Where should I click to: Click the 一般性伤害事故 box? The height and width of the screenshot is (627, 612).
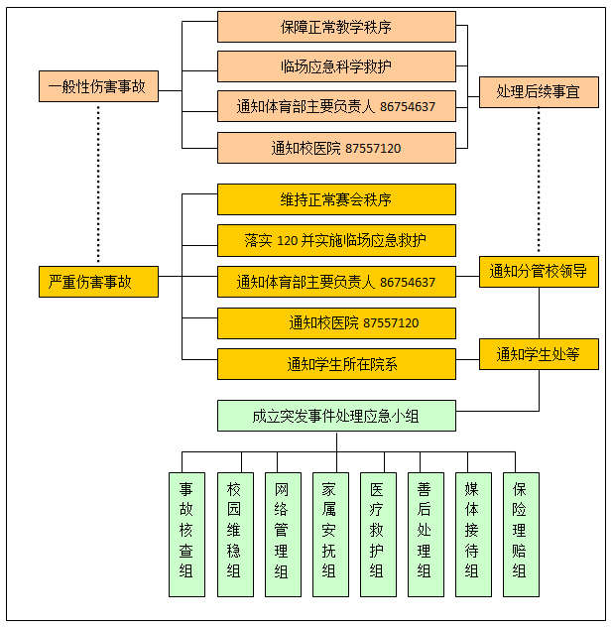point(98,86)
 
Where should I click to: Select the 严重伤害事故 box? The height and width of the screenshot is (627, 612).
point(98,282)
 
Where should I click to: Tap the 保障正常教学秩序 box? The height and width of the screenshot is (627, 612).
point(336,28)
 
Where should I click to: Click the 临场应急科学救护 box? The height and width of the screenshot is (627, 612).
point(336,66)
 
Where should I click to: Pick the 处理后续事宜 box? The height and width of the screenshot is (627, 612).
point(539,92)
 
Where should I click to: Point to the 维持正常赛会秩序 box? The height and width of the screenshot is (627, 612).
point(336,199)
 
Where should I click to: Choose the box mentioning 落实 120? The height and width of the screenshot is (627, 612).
point(336,240)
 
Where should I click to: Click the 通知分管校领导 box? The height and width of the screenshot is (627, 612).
point(539,271)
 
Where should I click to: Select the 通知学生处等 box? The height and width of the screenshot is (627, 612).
point(539,353)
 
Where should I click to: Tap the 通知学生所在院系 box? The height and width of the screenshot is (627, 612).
point(336,364)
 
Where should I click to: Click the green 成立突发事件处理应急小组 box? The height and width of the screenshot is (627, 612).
point(336,416)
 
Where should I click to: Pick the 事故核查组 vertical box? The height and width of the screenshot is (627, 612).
point(186,534)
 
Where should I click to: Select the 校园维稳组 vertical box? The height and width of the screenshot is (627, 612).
point(234,534)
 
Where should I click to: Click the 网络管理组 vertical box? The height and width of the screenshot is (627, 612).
point(282,534)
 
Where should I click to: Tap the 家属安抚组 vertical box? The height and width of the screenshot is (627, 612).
point(329,534)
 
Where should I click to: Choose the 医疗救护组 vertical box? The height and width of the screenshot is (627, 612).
point(377,534)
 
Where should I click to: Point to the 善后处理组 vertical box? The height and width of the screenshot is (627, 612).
point(425,534)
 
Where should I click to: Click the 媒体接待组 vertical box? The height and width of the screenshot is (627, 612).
point(472,534)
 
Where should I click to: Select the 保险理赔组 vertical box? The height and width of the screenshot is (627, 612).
point(520,534)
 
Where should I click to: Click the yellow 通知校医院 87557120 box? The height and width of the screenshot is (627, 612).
point(336,323)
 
